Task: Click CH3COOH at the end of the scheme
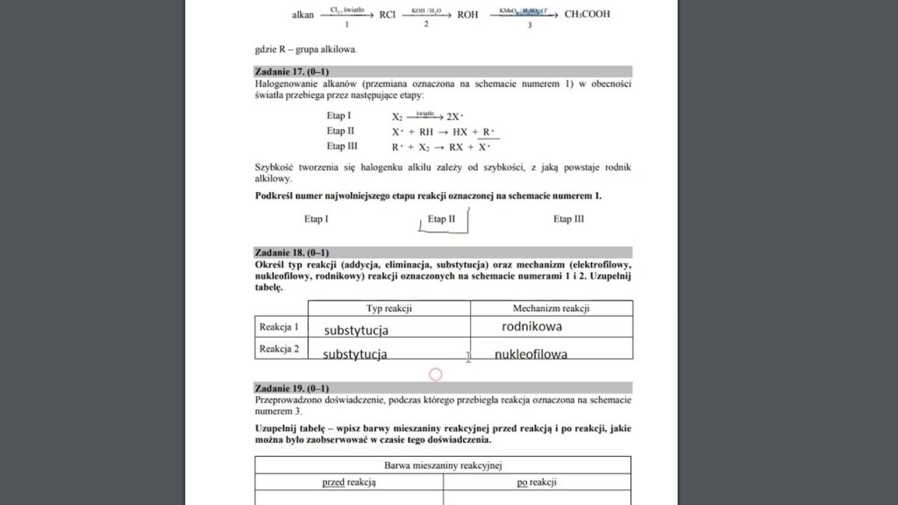point(587,14)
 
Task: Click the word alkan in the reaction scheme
point(303,15)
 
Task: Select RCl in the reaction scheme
point(388,15)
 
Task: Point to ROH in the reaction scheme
point(468,15)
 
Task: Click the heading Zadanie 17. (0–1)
point(292,71)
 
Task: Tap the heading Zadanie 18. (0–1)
point(292,252)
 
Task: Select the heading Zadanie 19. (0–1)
point(292,388)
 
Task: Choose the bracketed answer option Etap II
point(441,219)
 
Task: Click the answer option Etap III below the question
point(568,219)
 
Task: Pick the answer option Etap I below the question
point(317,219)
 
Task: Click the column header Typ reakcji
point(388,309)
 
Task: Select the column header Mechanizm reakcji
point(551,309)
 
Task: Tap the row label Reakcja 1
point(279,327)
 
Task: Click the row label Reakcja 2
point(279,349)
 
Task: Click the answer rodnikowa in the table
point(531,327)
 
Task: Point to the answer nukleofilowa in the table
point(531,355)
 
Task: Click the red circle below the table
point(436,374)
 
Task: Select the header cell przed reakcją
point(348,482)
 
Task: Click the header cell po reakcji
point(537,482)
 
